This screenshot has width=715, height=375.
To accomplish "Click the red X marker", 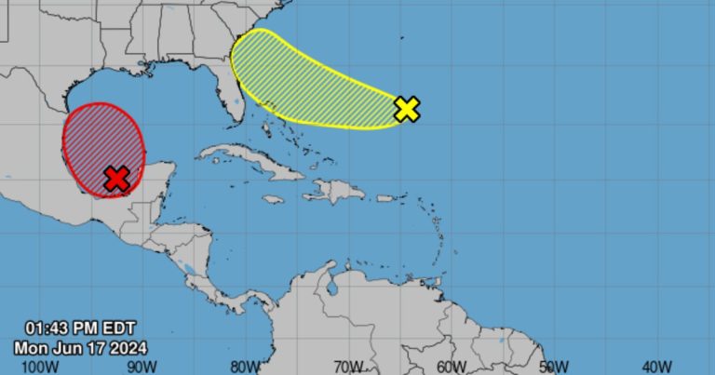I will (115, 179).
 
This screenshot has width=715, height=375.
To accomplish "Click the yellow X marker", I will (407, 109).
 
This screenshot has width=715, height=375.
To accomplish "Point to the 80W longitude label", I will (245, 366).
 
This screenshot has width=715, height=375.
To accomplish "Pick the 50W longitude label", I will (554, 366).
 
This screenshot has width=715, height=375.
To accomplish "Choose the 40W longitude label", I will (657, 366).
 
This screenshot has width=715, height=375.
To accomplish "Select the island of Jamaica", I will (273, 199).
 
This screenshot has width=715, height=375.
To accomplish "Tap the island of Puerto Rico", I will (385, 198).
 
